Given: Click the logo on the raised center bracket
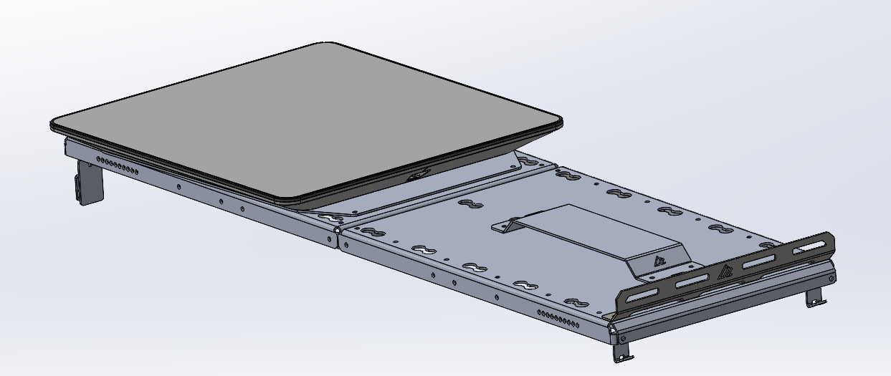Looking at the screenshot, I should coord(660,261).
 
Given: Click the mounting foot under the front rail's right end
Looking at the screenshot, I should coord(814,298).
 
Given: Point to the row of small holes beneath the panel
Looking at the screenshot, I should coord(118,167).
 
